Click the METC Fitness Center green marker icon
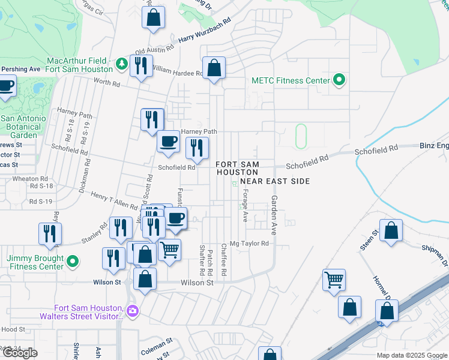click(339, 80)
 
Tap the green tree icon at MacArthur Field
click(121, 62)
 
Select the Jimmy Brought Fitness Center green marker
click(73, 262)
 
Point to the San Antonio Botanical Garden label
click(22, 127)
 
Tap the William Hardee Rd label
click(177, 71)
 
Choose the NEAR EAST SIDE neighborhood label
click(275, 181)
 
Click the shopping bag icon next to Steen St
click(391, 231)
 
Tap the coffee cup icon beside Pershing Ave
click(6, 86)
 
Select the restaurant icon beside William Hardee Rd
click(140, 66)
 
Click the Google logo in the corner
click(20, 353)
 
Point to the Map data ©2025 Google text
click(412, 355)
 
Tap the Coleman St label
click(157, 347)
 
